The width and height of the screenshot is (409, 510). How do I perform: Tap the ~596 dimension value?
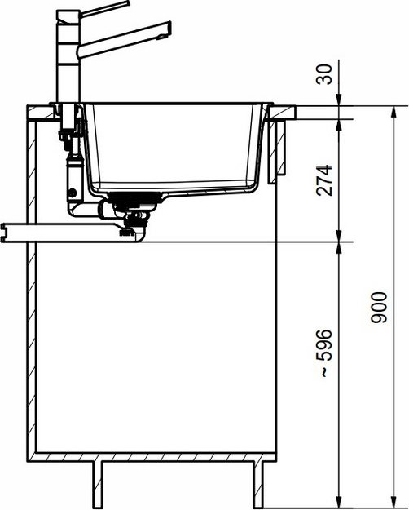tap(325, 352)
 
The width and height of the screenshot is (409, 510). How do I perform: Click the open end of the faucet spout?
tap(167, 31)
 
